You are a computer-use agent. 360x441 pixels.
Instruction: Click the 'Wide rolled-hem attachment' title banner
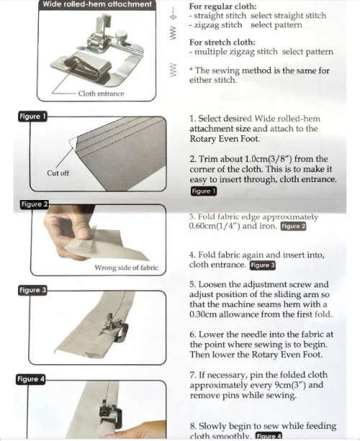[x=96, y=5]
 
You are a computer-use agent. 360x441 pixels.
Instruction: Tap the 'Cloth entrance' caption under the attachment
[x=101, y=94]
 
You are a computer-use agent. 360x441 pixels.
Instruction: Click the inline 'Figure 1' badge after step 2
[x=203, y=191]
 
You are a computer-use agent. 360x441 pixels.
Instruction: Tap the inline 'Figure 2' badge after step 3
[x=293, y=227]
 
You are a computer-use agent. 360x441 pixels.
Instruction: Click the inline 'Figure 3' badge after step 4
[x=262, y=265]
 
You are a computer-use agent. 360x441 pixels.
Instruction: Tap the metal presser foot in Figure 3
[x=116, y=330]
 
